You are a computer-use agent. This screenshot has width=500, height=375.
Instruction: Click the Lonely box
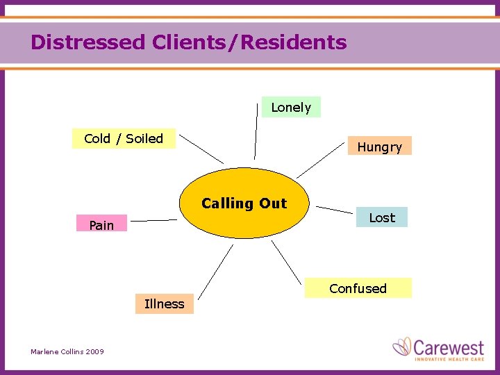click(x=291, y=107)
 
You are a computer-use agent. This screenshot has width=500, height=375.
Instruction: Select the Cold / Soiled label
click(x=124, y=138)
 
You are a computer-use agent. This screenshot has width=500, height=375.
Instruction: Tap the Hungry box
click(x=379, y=146)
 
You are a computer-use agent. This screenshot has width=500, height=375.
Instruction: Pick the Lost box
click(x=381, y=217)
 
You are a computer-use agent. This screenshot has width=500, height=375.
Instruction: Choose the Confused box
click(x=358, y=288)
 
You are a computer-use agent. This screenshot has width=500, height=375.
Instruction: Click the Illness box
click(x=164, y=303)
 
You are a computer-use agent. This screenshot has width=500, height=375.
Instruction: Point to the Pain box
click(x=101, y=224)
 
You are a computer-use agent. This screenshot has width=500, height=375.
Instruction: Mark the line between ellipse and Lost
click(x=334, y=209)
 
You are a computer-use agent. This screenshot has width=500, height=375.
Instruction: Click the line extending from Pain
click(x=153, y=221)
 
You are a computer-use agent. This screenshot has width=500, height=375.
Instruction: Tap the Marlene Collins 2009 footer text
click(x=67, y=352)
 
